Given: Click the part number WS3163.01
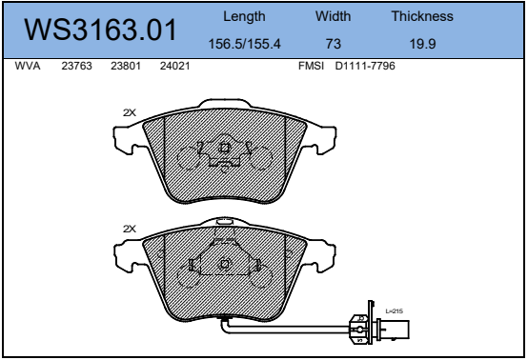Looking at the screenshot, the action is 100,30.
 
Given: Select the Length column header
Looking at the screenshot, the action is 244,17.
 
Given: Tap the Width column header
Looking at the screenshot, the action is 333,16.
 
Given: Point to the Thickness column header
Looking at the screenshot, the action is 422,16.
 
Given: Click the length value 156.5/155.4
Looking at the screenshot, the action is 245,44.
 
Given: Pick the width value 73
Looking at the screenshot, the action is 334,44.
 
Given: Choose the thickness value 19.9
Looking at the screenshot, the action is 422,44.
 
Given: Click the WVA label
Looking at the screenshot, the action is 28,66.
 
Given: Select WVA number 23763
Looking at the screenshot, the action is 76,66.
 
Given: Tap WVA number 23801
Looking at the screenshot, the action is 126,66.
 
